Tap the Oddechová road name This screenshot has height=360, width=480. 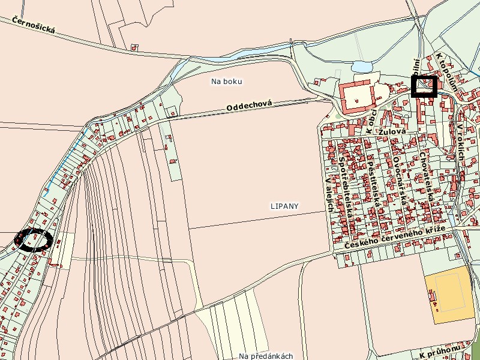click(x=249, y=105)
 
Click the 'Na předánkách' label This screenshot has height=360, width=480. click(x=266, y=356)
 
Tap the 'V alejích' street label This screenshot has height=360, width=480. click(x=328, y=197)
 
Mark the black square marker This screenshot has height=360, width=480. click(x=424, y=86)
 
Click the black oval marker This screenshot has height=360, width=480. click(x=34, y=240)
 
